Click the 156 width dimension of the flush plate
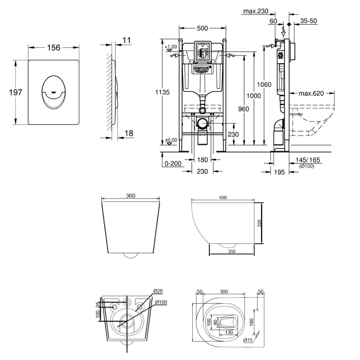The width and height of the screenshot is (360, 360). point(54,48)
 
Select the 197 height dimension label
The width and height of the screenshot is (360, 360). point(15,92)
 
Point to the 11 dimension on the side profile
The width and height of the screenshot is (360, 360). point(126,40)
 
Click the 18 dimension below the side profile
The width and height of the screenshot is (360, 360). point(129,133)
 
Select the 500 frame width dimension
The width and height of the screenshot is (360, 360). point(202,28)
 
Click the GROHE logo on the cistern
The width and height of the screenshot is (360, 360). point(202,68)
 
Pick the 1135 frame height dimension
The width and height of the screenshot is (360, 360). point(163,92)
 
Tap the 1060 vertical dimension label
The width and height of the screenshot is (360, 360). point(264,85)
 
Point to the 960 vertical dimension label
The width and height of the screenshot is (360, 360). point(243,109)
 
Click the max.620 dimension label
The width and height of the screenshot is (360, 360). point(311,94)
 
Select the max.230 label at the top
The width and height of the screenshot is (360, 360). point(256,11)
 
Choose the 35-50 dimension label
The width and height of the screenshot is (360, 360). point(309,21)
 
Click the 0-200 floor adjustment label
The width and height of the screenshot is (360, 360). point(173,163)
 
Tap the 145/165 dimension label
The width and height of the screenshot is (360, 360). point(308,160)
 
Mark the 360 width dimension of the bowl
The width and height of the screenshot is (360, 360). point(131,196)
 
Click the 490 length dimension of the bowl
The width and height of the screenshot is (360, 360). point(223,198)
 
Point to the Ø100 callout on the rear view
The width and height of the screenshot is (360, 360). point(161,302)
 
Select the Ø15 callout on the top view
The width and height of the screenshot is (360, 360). point(248,340)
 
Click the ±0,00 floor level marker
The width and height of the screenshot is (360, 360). point(171,140)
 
